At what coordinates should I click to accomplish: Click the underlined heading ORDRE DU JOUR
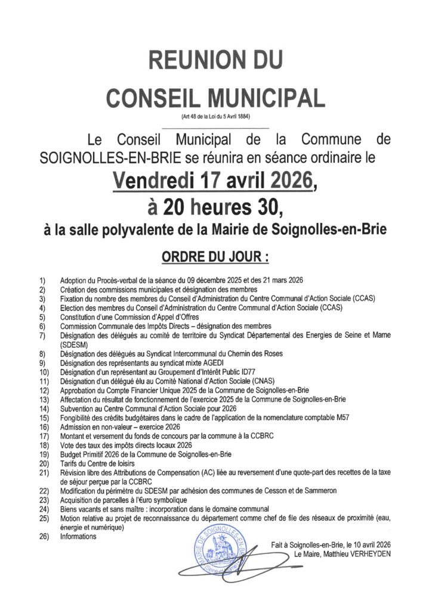tap(215, 257)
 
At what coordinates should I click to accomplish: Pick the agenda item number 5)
tap(42, 318)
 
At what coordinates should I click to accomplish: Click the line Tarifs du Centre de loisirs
tap(97, 463)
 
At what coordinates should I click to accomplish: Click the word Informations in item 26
tap(78, 536)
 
